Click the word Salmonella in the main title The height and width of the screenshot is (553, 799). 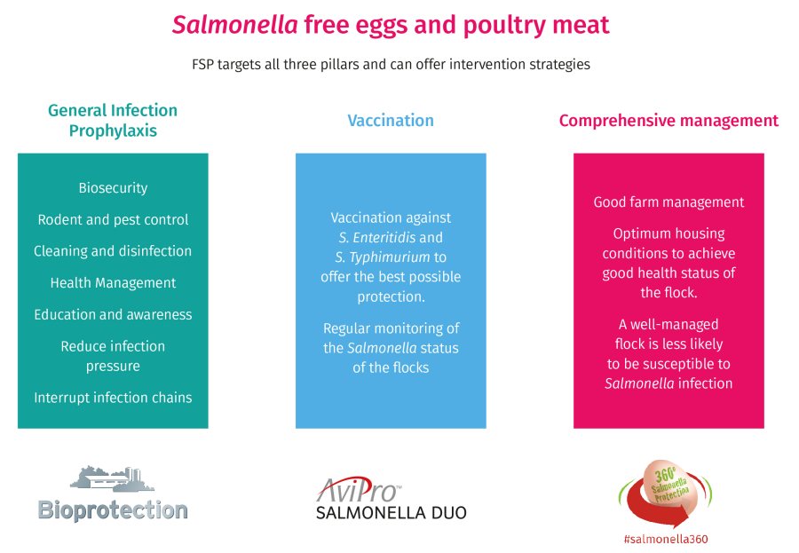point(235,24)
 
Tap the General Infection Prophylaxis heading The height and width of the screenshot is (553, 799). point(113,121)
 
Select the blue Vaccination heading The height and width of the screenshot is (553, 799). point(391,121)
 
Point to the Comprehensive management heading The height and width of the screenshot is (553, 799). point(668,121)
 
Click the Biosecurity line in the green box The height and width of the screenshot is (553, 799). point(113,187)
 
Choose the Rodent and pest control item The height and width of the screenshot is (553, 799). point(113,219)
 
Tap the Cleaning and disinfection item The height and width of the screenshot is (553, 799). point(113,251)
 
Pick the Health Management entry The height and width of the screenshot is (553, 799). point(113,283)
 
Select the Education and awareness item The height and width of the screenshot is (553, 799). point(113,314)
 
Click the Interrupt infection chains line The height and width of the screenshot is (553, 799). point(113,397)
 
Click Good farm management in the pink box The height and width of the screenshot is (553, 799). point(668,201)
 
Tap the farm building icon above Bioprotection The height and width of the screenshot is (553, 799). point(112,478)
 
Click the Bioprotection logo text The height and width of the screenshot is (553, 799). point(113,510)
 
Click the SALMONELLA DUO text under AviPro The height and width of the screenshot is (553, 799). point(391,512)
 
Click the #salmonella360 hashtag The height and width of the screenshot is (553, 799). point(666,539)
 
